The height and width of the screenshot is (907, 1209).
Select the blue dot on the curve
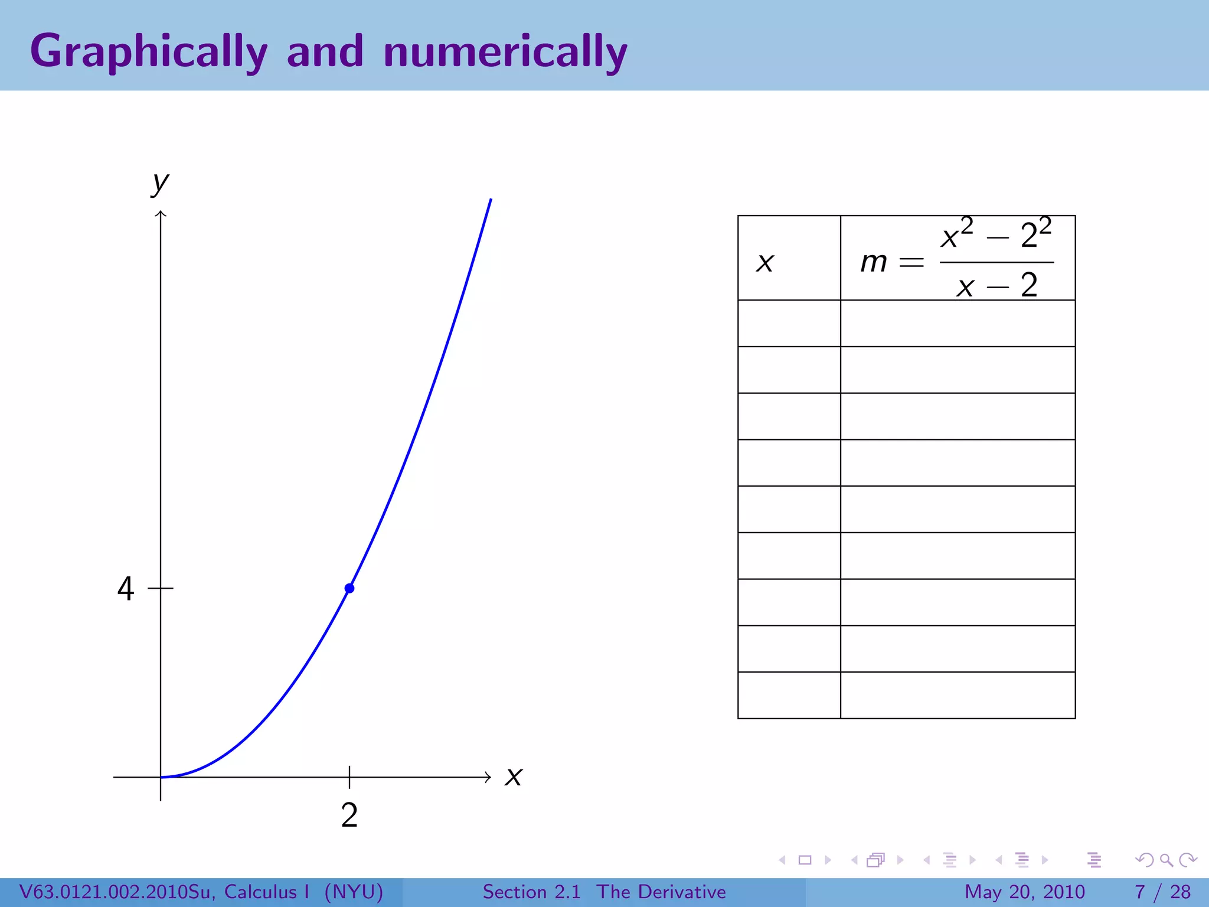pyautogui.click(x=349, y=588)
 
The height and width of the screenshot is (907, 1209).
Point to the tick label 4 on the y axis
pyautogui.click(x=125, y=589)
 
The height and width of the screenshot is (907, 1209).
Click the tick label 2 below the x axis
pyautogui.click(x=349, y=815)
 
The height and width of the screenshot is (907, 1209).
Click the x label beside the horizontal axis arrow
pyautogui.click(x=514, y=777)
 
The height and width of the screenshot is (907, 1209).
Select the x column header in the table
pyautogui.click(x=765, y=262)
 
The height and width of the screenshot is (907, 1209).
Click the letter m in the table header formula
pyautogui.click(x=874, y=262)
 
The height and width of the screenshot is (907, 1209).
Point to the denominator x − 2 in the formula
pyautogui.click(x=996, y=286)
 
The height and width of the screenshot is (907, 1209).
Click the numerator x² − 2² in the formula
pyautogui.click(x=996, y=234)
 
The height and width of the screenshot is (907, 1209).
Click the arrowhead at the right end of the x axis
pyautogui.click(x=488, y=777)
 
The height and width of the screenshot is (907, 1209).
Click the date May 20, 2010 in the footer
pyautogui.click(x=1024, y=892)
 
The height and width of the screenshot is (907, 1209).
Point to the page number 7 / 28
pyautogui.click(x=1162, y=892)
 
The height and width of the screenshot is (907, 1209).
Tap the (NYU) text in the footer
pyautogui.click(x=354, y=892)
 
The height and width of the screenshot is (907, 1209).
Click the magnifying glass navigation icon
pyautogui.click(x=1166, y=860)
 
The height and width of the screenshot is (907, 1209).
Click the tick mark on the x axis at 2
pyautogui.click(x=349, y=777)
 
